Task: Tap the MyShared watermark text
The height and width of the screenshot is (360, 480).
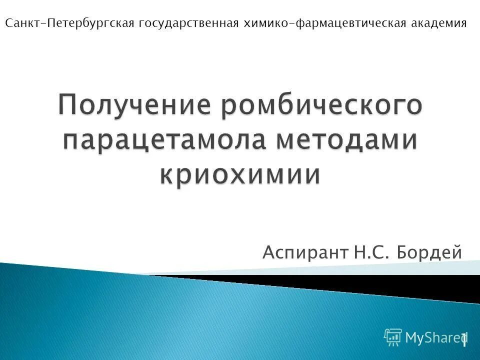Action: point(432,338)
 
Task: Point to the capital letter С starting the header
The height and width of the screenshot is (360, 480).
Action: point(8,23)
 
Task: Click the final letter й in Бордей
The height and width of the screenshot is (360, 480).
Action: point(456,252)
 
